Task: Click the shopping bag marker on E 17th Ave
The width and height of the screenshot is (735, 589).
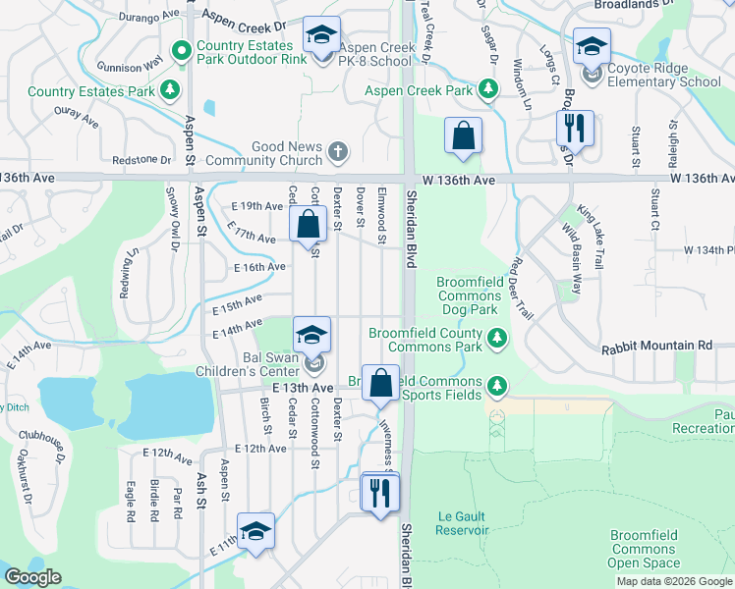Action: point(308,225)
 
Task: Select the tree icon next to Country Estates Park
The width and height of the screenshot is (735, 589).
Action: point(171,91)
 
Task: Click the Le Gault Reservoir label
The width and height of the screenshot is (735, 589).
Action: point(463,523)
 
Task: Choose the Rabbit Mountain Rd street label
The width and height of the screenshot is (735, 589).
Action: point(656,347)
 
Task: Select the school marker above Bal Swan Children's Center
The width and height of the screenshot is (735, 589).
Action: point(311,338)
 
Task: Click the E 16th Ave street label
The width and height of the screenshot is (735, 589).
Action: point(259,267)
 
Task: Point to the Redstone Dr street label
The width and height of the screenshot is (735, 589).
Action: point(141,159)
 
